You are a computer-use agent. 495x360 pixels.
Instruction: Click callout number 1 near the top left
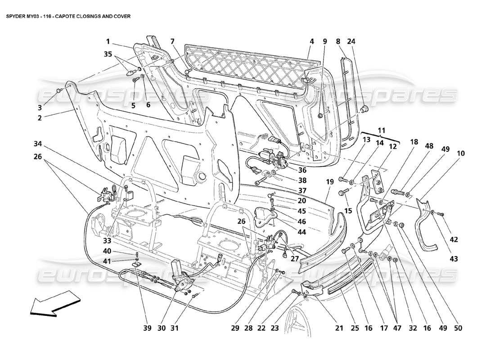(x=108, y=41)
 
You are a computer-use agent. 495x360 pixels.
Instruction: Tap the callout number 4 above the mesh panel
(x=311, y=41)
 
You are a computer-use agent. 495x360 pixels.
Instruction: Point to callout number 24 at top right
(x=351, y=41)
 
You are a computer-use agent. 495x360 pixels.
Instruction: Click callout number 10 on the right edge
(x=461, y=153)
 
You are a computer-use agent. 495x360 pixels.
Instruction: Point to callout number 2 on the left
(x=40, y=118)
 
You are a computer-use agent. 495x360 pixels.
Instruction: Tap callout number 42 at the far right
(x=454, y=240)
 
